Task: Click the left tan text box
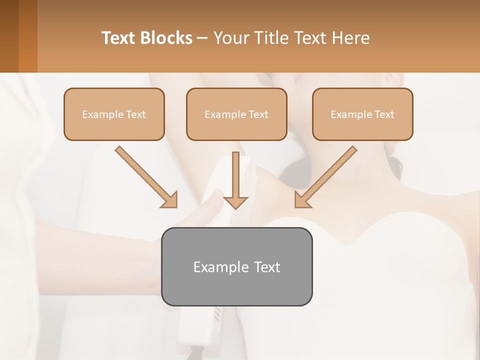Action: click(x=114, y=114)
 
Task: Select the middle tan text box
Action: click(x=236, y=114)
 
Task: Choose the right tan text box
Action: click(x=362, y=114)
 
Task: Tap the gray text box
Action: click(x=236, y=266)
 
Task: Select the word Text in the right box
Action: click(x=384, y=114)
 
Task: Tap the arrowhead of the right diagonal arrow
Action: click(x=301, y=200)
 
